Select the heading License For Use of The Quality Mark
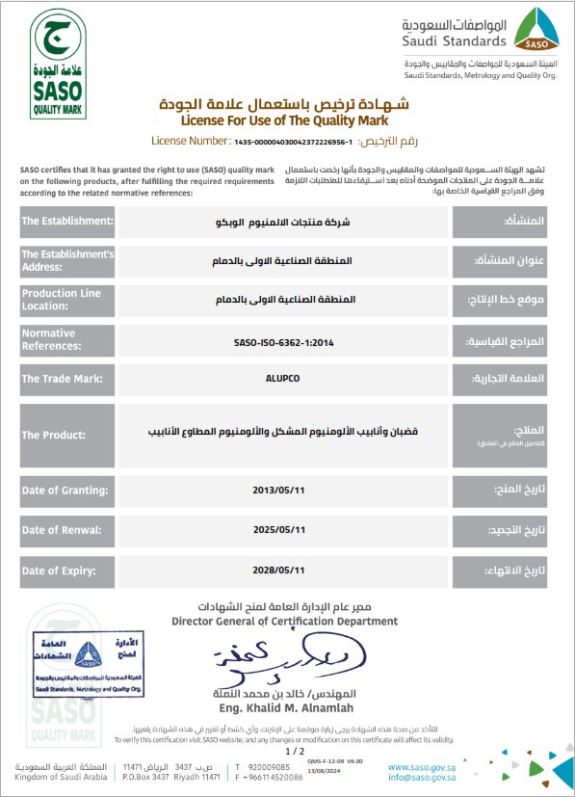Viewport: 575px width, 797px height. [x=286, y=121]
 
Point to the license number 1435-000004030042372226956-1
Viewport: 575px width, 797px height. [x=292, y=142]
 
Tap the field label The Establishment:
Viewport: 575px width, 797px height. [x=67, y=222]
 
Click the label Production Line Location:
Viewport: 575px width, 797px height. [x=67, y=299]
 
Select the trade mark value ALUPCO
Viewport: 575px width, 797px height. [x=283, y=379]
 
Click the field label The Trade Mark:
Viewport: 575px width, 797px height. [x=67, y=379]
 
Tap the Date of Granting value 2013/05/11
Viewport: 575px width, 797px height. [x=283, y=490]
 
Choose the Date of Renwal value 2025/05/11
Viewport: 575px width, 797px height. [x=283, y=529]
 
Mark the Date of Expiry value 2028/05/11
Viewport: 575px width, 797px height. [x=283, y=569]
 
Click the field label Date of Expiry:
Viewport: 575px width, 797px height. [x=67, y=569]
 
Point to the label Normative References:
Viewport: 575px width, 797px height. [x=67, y=339]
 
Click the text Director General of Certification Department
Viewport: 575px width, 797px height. [x=284, y=622]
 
